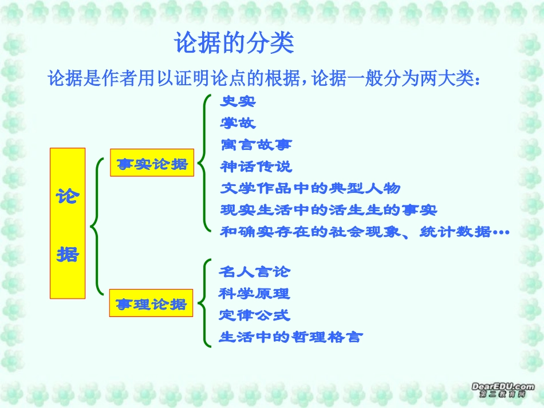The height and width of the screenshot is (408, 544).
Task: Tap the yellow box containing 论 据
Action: pos(68,223)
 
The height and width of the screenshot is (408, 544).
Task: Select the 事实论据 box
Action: pos(152,164)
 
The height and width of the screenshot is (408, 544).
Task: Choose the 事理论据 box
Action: pos(151,304)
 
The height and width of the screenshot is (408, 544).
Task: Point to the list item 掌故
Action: pos(238,123)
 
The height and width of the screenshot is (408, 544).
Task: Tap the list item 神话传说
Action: pos(255,167)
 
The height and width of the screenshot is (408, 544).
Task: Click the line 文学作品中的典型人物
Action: pos(310,188)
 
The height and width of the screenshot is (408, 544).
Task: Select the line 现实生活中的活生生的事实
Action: pos(328,210)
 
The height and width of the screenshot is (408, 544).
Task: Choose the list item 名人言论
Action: pos(254,272)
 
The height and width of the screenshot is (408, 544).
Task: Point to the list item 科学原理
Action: pos(254,294)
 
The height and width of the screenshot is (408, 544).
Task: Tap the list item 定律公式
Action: pos(254,315)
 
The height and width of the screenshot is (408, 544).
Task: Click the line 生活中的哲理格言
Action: pos(290,337)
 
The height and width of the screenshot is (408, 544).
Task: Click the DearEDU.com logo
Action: pos(503,390)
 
